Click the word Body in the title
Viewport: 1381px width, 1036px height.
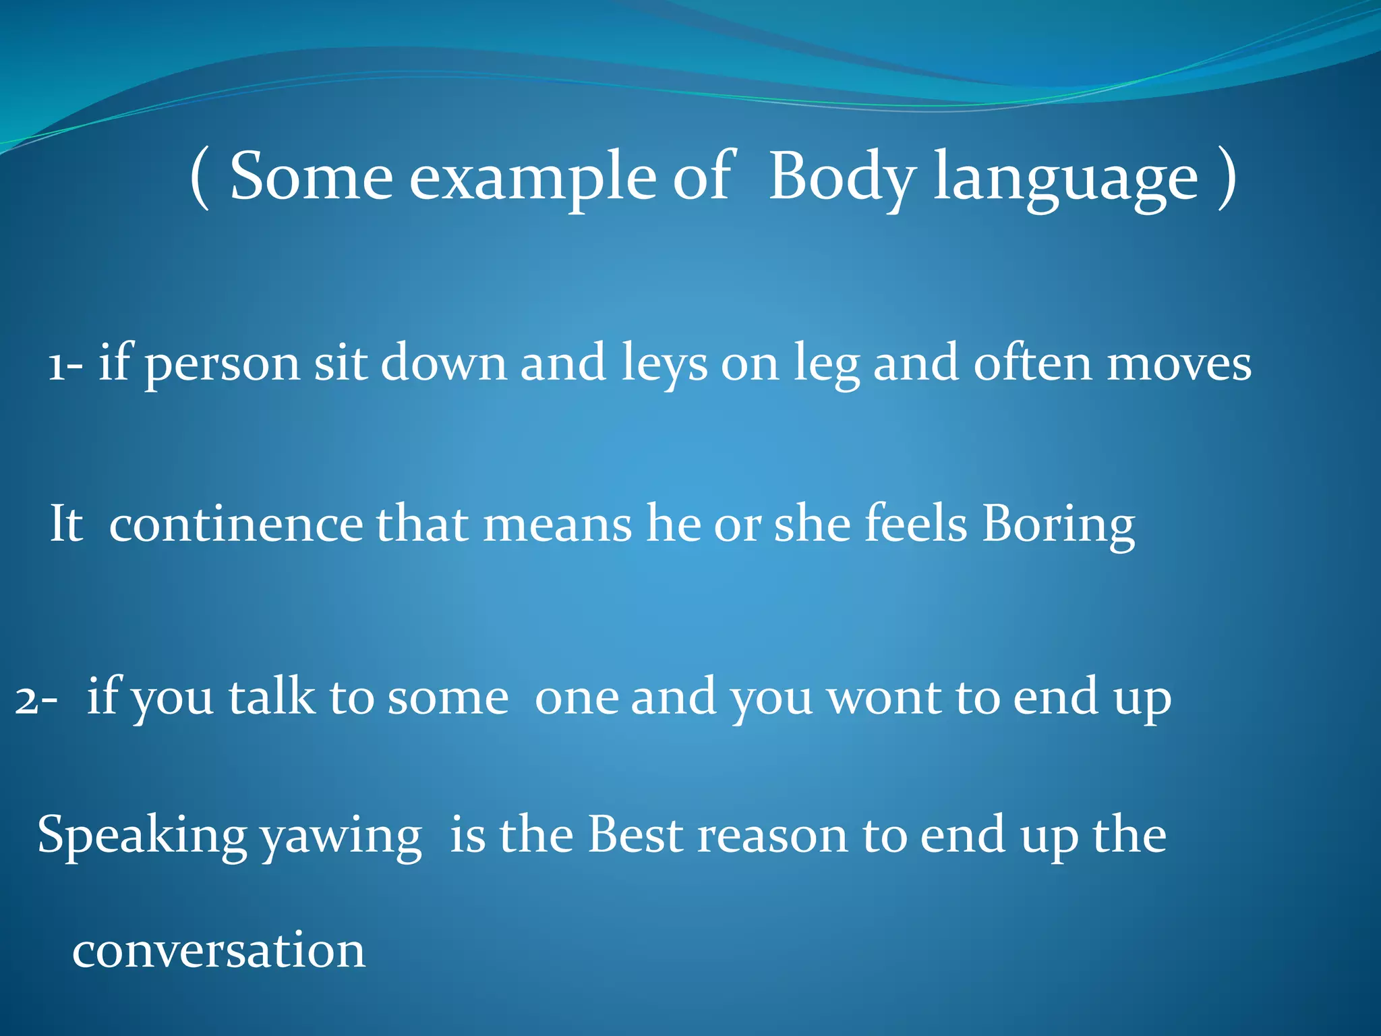tap(842, 177)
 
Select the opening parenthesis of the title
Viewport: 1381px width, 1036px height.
tap(200, 177)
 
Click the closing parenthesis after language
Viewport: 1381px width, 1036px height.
tap(1227, 177)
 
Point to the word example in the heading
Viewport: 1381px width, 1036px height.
tap(533, 177)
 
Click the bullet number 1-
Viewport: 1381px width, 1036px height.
tap(65, 365)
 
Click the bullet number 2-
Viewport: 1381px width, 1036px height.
tap(36, 699)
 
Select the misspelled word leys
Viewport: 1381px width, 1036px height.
tap(664, 365)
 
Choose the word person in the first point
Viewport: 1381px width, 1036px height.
tap(223, 365)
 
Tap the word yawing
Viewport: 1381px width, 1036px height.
tap(341, 837)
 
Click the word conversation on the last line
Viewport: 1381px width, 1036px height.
tap(219, 950)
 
